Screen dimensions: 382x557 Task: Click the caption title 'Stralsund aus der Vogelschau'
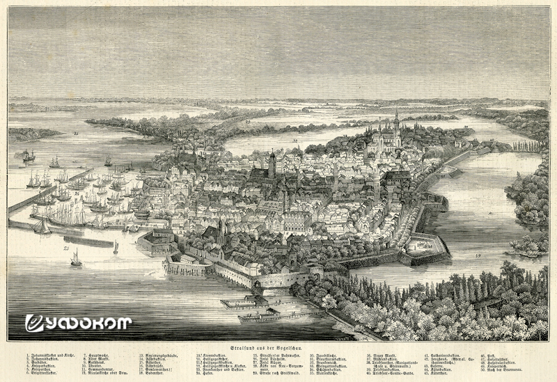click(x=278, y=347)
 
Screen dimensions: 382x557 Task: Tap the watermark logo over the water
click(x=77, y=322)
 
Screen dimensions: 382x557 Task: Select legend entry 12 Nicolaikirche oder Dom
click(x=104, y=373)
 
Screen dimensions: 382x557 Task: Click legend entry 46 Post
click(x=487, y=355)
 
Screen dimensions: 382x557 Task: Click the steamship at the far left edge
click(x=28, y=156)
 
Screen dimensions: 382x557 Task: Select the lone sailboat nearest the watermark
click(x=76, y=258)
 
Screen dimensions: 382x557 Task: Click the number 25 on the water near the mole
click(x=65, y=248)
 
